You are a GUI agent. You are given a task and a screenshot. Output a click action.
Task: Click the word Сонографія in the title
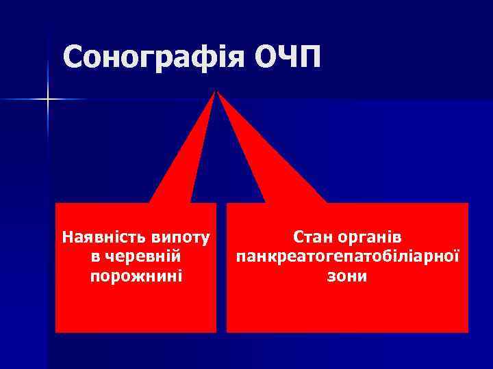(154, 57)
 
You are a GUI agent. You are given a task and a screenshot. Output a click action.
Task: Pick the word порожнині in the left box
(136, 277)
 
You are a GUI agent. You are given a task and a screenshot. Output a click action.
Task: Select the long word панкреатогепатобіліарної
(347, 258)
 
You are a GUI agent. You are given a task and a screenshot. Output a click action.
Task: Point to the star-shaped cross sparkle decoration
(48, 100)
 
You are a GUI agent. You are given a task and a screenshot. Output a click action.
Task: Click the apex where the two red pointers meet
(218, 92)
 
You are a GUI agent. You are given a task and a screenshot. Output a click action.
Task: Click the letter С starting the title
(73, 57)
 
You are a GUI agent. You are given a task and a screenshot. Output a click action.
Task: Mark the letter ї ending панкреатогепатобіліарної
(457, 258)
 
